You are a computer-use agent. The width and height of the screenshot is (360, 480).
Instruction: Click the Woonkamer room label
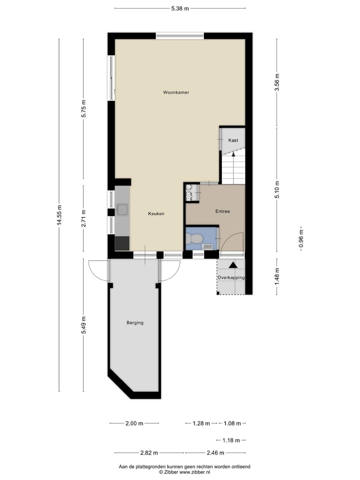tap(175, 92)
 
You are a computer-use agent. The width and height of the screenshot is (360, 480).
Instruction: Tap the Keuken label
tap(156, 213)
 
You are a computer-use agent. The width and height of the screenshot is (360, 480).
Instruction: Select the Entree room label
tap(222, 211)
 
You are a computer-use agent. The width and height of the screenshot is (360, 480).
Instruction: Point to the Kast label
tap(233, 140)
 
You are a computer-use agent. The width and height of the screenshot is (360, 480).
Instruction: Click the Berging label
tap(134, 322)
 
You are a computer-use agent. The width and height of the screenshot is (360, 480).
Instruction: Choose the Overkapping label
tap(230, 277)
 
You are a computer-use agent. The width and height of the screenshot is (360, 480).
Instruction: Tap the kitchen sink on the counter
tap(122, 210)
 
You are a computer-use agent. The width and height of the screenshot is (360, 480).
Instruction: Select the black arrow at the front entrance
tap(233, 265)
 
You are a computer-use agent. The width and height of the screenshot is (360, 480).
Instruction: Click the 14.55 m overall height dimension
tap(59, 215)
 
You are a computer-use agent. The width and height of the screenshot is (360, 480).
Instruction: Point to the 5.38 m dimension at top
tap(179, 8)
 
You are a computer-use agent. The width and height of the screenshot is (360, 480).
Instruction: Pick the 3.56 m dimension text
tap(276, 82)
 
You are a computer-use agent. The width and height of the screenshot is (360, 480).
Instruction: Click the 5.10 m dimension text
tap(276, 189)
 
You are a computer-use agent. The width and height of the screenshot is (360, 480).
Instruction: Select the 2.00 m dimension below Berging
tap(134, 423)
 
